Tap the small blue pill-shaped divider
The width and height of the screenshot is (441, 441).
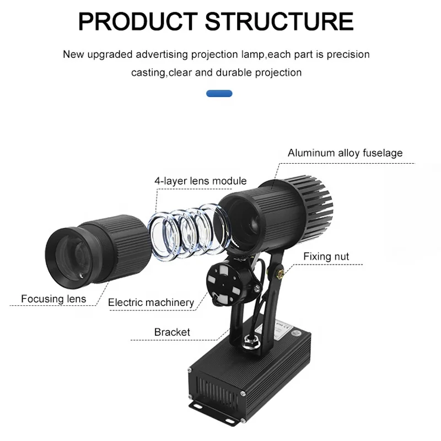pyautogui.click(x=219, y=94)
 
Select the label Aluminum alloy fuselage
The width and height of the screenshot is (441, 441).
pyautogui.click(x=345, y=153)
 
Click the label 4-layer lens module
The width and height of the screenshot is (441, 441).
pyautogui.click(x=200, y=180)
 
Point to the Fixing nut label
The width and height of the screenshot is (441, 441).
pyautogui.click(x=326, y=256)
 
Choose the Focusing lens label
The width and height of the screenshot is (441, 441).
pyautogui.click(x=53, y=299)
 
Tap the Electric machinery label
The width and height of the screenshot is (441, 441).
pyautogui.click(x=151, y=302)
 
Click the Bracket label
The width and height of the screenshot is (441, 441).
pyautogui.click(x=172, y=332)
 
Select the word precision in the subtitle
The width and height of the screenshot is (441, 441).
pyautogui.click(x=348, y=55)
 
